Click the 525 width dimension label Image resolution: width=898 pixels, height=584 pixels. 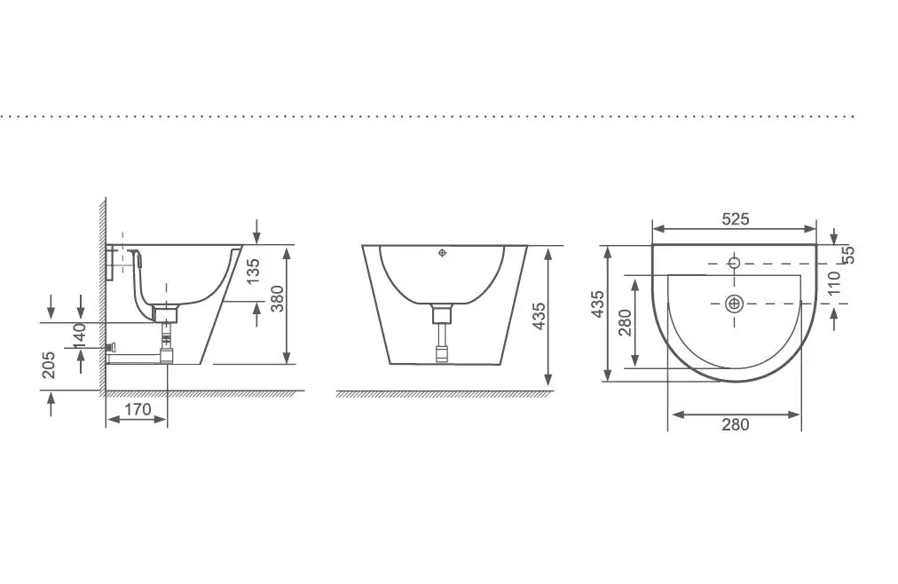pyautogui.click(x=735, y=218)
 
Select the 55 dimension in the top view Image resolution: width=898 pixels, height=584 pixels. pyautogui.click(x=847, y=254)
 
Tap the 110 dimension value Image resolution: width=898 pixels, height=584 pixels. pyautogui.click(x=833, y=283)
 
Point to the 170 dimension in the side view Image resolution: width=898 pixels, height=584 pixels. pyautogui.click(x=137, y=409)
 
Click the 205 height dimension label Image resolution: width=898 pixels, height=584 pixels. pyautogui.click(x=49, y=364)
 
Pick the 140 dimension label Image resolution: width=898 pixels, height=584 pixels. pyautogui.click(x=79, y=336)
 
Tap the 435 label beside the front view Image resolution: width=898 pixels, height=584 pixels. pyautogui.click(x=540, y=317)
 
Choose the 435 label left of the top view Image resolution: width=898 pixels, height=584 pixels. pyautogui.click(x=598, y=304)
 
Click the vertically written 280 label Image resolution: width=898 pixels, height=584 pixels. pyautogui.click(x=625, y=322)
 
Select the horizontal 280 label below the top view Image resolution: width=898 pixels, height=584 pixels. pyautogui.click(x=735, y=424)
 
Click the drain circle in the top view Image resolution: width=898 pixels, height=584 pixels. pyautogui.click(x=734, y=304)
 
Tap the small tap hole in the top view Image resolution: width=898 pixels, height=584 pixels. pyautogui.click(x=734, y=262)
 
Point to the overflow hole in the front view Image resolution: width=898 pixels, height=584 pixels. pyautogui.click(x=444, y=254)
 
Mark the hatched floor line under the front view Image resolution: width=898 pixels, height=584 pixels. pyautogui.click(x=444, y=393)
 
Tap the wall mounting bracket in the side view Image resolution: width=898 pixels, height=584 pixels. pyautogui.click(x=111, y=262)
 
